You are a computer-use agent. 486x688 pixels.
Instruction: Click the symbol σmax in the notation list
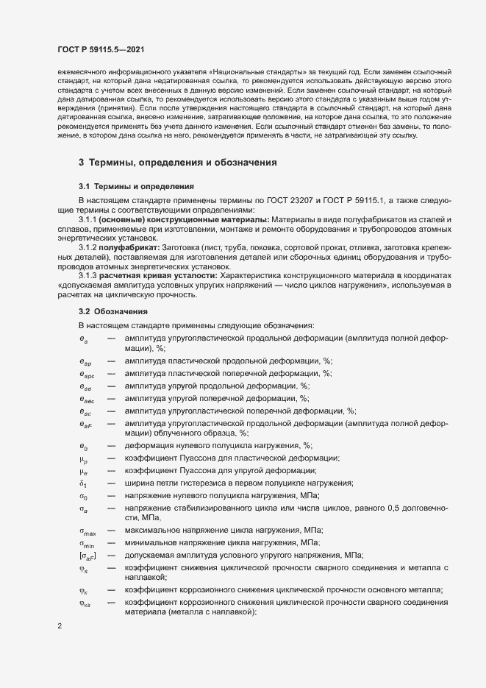[x=87, y=531]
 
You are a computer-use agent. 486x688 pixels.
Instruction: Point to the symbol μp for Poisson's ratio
[x=84, y=458]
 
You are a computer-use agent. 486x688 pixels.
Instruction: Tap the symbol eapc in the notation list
[x=86, y=374]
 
